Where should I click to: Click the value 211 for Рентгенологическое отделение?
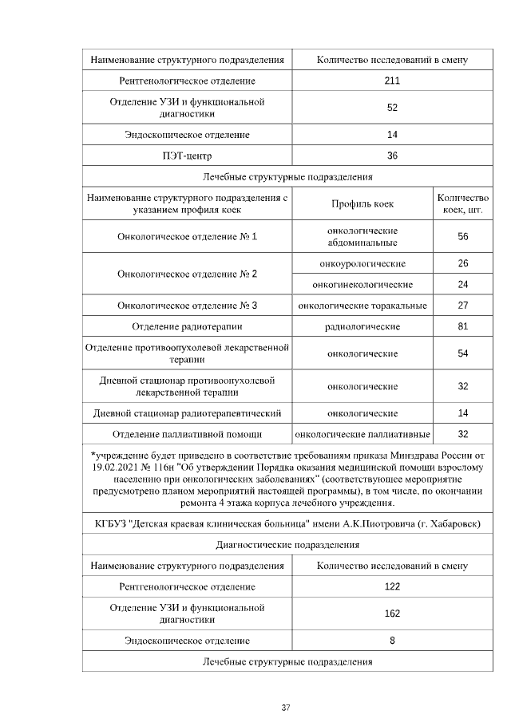click(392, 81)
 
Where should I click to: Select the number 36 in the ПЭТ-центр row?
click(392, 156)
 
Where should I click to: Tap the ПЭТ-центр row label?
click(188, 156)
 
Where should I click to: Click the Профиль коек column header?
click(362, 203)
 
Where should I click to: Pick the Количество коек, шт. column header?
click(462, 203)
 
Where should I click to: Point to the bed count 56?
click(462, 237)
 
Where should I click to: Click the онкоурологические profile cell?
click(362, 263)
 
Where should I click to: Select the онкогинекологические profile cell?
click(362, 284)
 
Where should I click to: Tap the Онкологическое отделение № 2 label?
click(188, 274)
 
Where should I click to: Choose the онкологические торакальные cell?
click(362, 306)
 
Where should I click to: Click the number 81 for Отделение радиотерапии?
click(462, 326)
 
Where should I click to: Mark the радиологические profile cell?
click(362, 326)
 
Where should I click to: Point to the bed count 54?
click(462, 353)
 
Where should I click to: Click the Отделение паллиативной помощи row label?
click(188, 434)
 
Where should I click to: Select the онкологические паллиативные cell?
click(362, 434)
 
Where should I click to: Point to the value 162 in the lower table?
click(392, 614)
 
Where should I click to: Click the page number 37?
click(287, 708)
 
